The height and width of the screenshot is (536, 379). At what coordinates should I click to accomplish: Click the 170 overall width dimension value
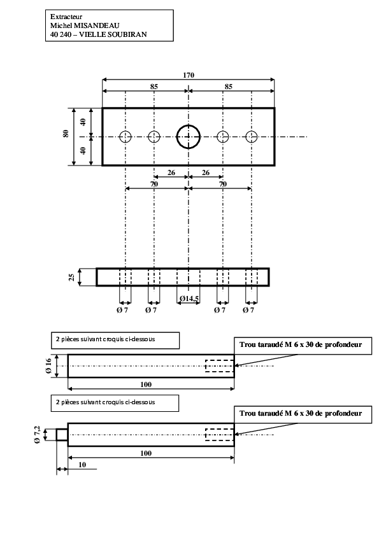tap(189, 75)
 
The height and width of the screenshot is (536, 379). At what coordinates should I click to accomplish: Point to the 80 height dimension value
tap(66, 133)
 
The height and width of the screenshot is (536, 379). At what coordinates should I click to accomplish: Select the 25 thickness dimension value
tap(72, 277)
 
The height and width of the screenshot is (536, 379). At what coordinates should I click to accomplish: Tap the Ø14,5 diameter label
tap(189, 299)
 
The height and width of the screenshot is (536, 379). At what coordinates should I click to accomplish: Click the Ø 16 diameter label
tap(48, 366)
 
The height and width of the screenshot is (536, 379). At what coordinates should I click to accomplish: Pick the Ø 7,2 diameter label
tap(38, 435)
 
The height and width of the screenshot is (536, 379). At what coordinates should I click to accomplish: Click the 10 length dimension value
tap(82, 465)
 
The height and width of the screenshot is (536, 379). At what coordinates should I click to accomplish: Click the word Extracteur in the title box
tap(66, 17)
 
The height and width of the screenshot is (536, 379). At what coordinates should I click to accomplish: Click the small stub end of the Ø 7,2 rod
tap(62, 435)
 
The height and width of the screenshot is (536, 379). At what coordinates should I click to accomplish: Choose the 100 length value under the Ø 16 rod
tap(146, 384)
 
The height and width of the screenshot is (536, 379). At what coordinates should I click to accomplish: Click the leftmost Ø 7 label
tap(122, 310)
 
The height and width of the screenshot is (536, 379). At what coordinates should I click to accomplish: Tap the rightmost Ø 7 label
tap(248, 310)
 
